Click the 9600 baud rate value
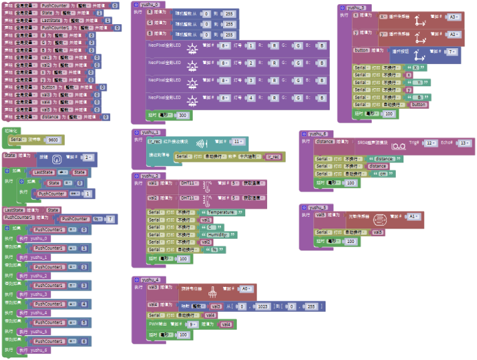53,139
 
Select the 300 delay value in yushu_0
182,115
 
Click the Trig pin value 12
431,142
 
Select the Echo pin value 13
465,142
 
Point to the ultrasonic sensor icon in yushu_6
399,144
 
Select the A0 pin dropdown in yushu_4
245,289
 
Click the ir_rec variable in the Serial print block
273,157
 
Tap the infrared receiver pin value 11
237,142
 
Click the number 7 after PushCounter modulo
109,218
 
